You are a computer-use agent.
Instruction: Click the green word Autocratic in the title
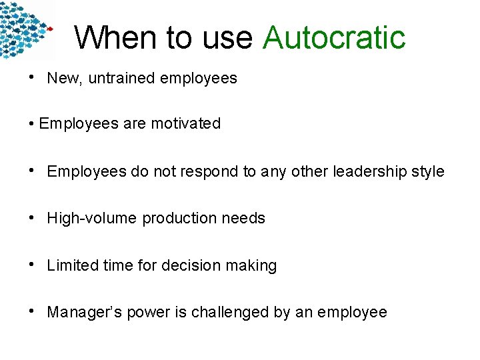click(334, 37)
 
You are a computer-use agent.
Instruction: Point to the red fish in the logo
click(49, 29)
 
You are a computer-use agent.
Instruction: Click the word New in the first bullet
click(63, 78)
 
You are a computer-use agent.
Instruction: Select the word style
click(427, 171)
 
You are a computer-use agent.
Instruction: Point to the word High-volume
click(91, 218)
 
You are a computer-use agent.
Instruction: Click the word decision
click(191, 265)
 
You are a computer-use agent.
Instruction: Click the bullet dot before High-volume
click(33, 217)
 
